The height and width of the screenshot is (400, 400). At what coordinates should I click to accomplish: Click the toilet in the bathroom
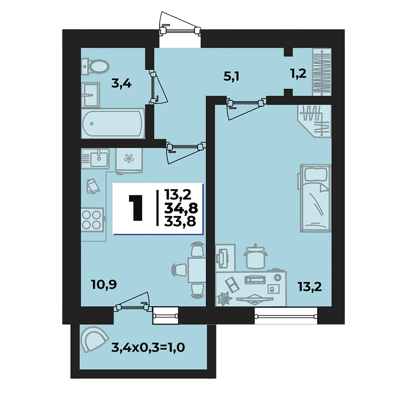95,66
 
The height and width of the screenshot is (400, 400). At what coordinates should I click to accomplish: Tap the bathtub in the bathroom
113,123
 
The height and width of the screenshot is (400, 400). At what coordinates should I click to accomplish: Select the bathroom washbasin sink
90,94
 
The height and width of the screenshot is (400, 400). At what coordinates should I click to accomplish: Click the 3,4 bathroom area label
121,83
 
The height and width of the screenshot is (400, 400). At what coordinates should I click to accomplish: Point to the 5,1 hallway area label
231,76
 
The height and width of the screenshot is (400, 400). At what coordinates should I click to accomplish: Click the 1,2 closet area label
298,73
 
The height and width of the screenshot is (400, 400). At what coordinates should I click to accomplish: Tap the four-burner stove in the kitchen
92,219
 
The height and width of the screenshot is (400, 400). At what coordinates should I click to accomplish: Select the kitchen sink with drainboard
95,158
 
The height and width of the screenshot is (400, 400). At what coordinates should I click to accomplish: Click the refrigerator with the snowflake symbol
129,160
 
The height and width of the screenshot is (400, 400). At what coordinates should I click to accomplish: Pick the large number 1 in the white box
135,207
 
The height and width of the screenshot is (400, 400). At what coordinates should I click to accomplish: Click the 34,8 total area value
181,208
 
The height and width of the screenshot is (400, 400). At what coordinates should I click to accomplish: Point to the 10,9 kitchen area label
104,284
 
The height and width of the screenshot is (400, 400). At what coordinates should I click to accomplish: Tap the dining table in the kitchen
196,270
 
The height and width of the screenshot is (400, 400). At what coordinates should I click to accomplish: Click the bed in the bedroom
315,198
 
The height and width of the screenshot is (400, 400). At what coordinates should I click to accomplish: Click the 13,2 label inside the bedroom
309,287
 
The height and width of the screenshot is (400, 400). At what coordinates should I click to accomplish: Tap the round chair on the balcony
94,339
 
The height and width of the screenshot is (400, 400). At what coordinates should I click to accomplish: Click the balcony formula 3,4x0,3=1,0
148,347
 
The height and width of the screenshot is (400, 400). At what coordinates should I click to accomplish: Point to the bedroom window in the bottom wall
286,316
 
